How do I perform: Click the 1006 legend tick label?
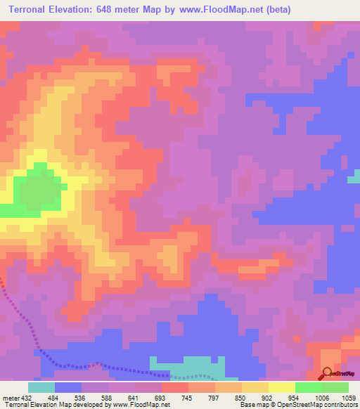coord(320,398)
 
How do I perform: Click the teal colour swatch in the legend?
coord(41,387)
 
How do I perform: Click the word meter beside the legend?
coord(10,398)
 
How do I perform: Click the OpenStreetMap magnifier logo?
coord(328,373)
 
